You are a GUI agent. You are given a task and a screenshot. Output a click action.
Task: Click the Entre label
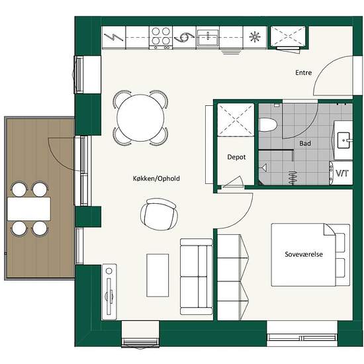(302, 73)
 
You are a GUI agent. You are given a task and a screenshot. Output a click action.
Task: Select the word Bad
(305, 143)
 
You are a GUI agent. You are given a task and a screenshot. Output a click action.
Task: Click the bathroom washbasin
(343, 139)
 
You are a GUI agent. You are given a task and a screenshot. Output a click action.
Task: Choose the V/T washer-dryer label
(342, 173)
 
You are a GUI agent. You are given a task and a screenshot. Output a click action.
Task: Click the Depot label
(236, 158)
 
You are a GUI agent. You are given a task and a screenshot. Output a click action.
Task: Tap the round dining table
(140, 118)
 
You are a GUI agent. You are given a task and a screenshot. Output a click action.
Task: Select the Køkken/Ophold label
(157, 179)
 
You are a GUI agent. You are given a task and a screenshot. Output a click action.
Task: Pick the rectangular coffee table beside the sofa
(158, 275)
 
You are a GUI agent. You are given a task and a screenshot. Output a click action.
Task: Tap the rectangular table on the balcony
(29, 208)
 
